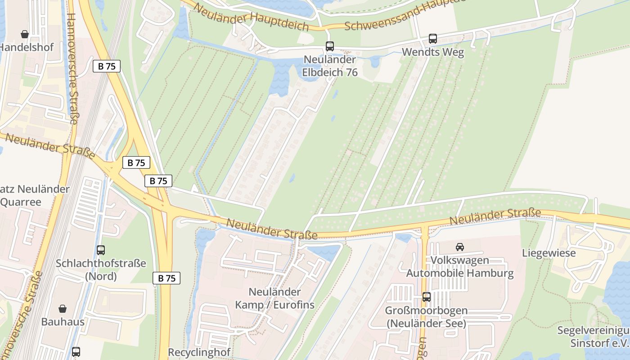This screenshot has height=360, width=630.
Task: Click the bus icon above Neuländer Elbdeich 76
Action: [330, 46]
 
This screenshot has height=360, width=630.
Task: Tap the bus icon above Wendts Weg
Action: [433, 39]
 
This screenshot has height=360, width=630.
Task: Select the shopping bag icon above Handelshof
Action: [25, 34]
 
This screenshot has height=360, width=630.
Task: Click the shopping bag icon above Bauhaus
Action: [63, 309]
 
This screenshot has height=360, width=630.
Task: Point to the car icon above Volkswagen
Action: [460, 247]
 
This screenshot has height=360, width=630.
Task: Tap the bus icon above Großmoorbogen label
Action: [426, 297]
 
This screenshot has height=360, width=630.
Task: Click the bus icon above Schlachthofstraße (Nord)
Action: [101, 250]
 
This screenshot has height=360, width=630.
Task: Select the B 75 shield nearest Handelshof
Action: [107, 66]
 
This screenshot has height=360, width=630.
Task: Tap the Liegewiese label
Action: [549, 253]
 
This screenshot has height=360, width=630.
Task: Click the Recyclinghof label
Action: [199, 352]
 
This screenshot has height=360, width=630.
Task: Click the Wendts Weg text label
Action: [432, 52]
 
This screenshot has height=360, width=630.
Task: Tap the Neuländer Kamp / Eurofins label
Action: [274, 298]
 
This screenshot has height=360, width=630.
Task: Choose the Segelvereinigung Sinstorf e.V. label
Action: [594, 337]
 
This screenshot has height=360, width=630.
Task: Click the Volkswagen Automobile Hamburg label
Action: [459, 267]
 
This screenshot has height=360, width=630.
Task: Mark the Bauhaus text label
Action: [63, 322]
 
